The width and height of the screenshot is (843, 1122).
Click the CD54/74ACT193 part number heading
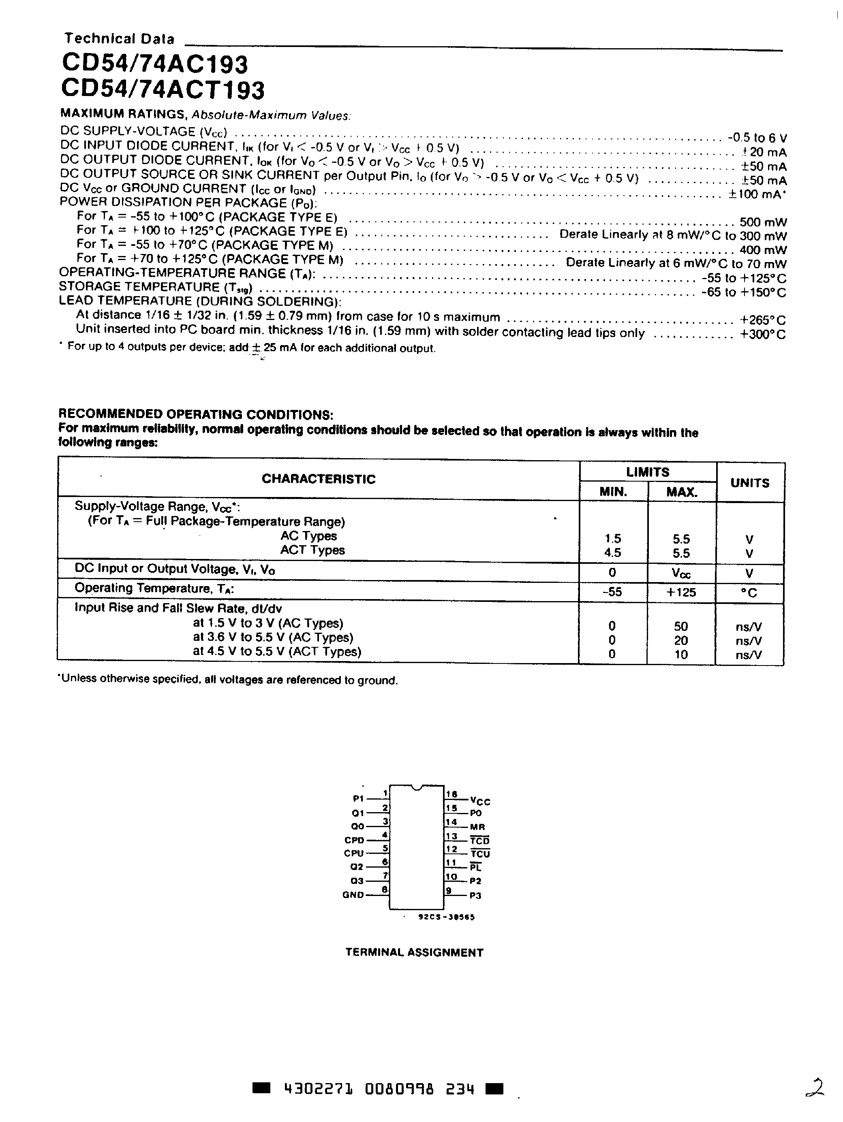[x=163, y=90]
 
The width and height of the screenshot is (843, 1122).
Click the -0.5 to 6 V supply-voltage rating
[x=757, y=137]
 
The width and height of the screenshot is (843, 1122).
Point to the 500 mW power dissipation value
[x=763, y=222]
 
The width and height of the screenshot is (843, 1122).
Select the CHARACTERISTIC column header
[x=318, y=479]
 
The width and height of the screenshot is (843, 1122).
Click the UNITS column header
[x=750, y=483]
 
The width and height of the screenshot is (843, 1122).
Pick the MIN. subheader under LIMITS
[x=613, y=491]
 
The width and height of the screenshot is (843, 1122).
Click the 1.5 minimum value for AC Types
[x=612, y=539]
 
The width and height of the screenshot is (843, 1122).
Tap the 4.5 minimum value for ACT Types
[x=612, y=553]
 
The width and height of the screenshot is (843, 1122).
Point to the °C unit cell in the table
[x=749, y=593]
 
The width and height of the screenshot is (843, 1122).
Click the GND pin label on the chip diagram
[x=353, y=895]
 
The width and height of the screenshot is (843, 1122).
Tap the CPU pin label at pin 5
[x=354, y=853]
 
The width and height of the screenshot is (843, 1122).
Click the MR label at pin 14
[x=477, y=827]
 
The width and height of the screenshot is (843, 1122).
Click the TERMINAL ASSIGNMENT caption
[x=414, y=953]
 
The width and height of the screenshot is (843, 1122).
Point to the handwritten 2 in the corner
[x=815, y=1088]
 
